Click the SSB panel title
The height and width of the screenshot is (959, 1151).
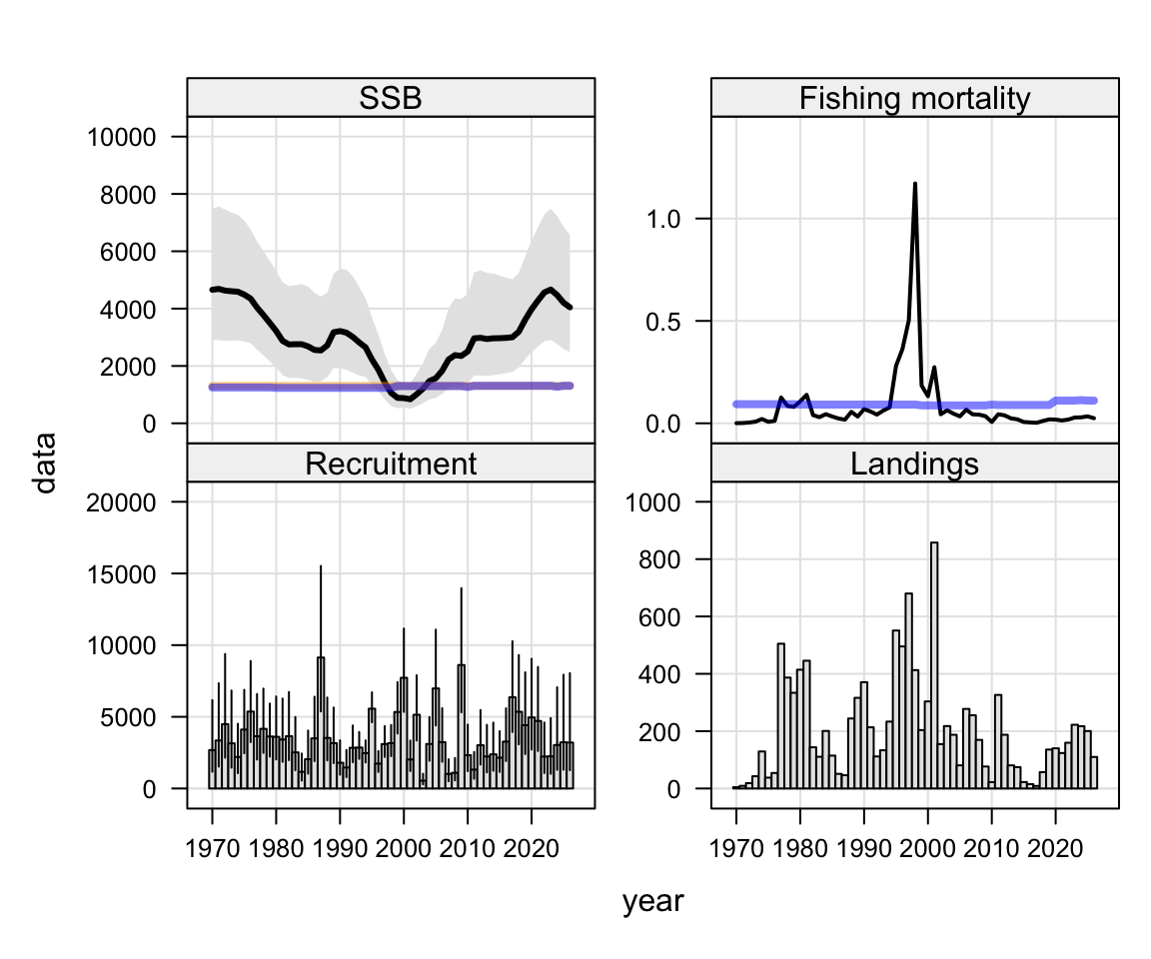point(391,98)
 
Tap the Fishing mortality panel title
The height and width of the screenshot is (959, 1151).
point(914,98)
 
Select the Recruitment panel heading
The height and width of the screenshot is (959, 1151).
point(391,464)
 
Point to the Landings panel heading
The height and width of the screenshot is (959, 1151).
point(914,464)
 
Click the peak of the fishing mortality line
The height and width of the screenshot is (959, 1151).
point(914,184)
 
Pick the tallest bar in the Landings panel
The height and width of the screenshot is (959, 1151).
point(934,665)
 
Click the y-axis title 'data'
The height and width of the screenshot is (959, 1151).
point(45,464)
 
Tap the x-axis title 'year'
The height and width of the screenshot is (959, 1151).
point(652,901)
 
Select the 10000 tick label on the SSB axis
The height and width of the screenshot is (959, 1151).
point(122,137)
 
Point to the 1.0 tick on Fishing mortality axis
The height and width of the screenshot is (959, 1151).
point(663,220)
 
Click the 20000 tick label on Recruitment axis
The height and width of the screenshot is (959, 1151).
point(122,502)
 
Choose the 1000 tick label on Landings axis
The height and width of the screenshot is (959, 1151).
point(653,502)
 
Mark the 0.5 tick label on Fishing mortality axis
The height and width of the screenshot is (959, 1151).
point(663,322)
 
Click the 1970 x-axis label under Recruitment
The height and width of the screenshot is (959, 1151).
point(212,849)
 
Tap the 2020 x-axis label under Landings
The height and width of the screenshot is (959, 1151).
point(1055,849)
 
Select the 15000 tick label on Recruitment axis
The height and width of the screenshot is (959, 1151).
point(122,574)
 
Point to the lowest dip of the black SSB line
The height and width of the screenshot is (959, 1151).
point(410,400)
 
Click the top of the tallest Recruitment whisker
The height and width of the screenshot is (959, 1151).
point(320,566)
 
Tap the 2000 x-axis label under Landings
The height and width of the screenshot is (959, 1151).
point(927,849)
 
